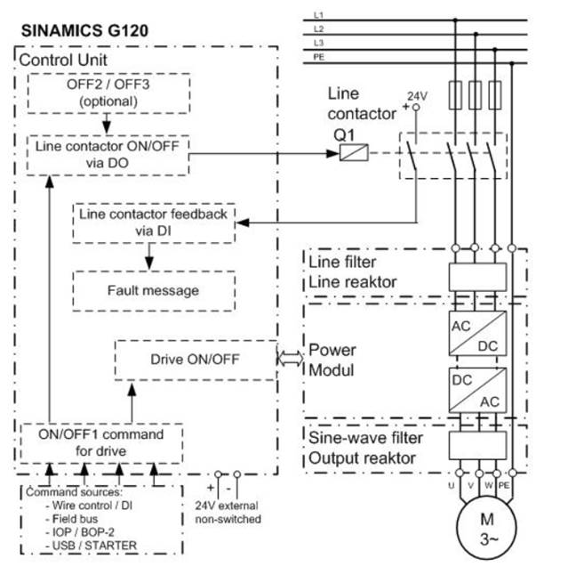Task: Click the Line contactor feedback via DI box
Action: [x=153, y=223]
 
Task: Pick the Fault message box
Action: [x=153, y=290]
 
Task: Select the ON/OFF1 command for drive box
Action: [x=102, y=441]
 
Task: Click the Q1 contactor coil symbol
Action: [x=349, y=152]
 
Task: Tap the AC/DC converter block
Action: [x=474, y=336]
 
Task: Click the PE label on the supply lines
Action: [x=320, y=57]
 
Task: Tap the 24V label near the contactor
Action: [x=417, y=94]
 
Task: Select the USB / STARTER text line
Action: [x=82, y=544]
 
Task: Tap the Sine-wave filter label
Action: [x=365, y=438]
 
